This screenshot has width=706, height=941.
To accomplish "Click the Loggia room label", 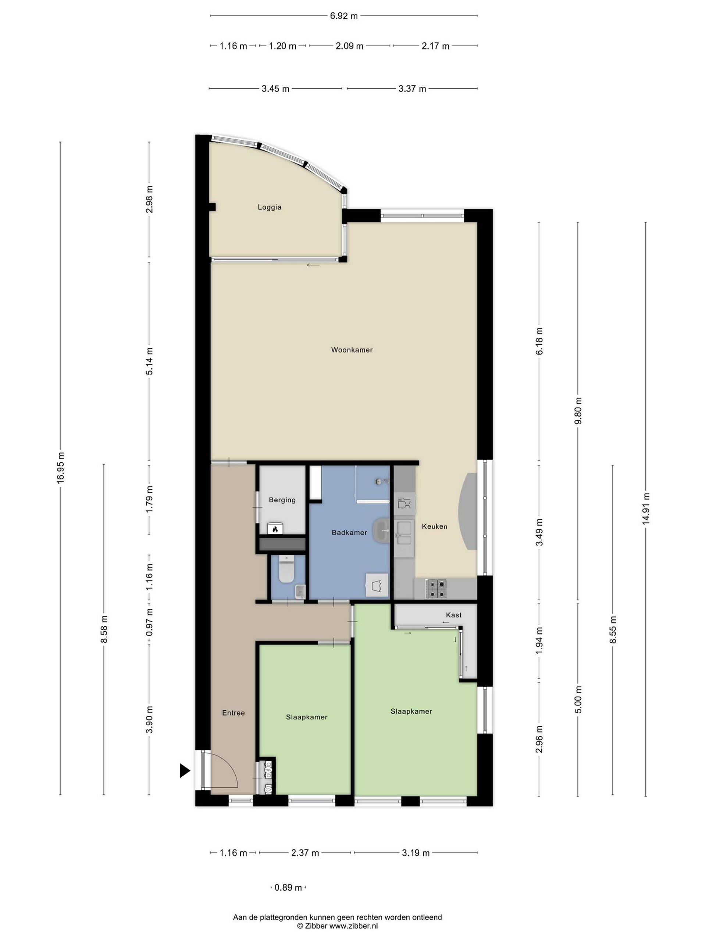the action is tap(270, 207).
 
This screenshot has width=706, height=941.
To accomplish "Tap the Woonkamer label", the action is tap(352, 350).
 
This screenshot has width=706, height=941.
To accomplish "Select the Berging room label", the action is tap(282, 500).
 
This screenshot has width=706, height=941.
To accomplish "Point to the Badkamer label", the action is tap(349, 532).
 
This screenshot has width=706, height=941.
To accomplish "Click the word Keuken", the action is tap(435, 526).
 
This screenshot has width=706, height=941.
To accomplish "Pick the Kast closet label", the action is tap(454, 615).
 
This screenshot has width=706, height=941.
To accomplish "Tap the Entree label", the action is tap(233, 713).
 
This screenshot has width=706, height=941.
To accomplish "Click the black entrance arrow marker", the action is tap(184, 770).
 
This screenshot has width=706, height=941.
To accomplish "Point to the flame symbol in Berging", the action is tap(275, 529).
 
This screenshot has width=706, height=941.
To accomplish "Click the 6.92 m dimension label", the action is tap(344, 16).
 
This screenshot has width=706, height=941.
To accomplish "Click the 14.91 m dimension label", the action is tap(646, 508).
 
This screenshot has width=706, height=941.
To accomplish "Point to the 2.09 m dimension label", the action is tap(349, 46).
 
